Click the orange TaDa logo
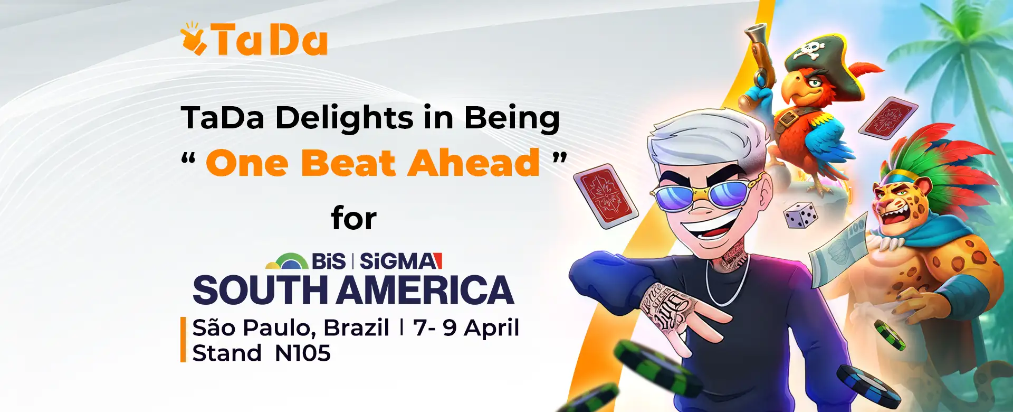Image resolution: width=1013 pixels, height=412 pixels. click(254, 39)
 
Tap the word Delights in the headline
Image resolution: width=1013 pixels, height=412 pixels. click(344, 118)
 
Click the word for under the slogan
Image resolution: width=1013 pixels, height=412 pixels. click(354, 218)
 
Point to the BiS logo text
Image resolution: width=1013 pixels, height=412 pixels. click(328, 261)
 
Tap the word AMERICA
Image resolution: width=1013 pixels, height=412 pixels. click(425, 290)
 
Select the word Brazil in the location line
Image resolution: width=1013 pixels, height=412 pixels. click(356, 327)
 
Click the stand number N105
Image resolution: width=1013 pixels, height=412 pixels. click(303, 353)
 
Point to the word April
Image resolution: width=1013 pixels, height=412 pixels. click(492, 329)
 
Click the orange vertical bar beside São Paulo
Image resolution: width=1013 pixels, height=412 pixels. click(183, 339)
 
